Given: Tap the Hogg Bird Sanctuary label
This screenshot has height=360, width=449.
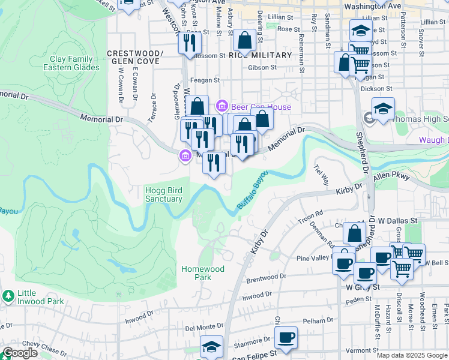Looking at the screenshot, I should pyautogui.click(x=164, y=195).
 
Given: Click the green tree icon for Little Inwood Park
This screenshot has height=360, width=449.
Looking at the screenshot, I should pyautogui.click(x=8, y=296).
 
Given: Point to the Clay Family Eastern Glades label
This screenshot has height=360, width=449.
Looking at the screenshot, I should pyautogui.click(x=71, y=64).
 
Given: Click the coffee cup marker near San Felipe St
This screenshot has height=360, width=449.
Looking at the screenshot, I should pyautogui.click(x=286, y=338).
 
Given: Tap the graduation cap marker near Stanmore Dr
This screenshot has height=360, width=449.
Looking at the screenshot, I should pyautogui.click(x=211, y=349).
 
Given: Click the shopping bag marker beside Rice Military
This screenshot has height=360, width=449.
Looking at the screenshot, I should pyautogui.click(x=244, y=41).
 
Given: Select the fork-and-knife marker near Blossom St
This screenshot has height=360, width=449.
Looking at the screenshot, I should pyautogui.click(x=190, y=43).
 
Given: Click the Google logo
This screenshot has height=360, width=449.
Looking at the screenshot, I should pyautogui.click(x=20, y=353).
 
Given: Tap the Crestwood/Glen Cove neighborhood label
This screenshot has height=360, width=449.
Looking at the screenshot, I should pyautogui.click(x=135, y=58).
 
